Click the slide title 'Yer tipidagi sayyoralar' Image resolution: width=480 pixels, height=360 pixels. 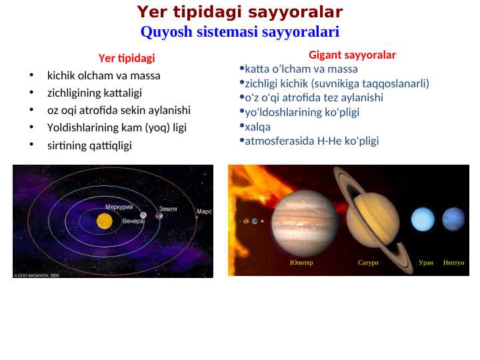[240, 12]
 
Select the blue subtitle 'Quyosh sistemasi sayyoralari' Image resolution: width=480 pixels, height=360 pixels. [240, 31]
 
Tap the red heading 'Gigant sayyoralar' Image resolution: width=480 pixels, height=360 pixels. [352, 55]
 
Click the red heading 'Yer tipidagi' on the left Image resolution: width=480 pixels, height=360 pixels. [127, 58]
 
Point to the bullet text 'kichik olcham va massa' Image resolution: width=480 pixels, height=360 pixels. [103, 75]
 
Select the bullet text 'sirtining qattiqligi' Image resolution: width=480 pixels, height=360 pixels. [89, 145]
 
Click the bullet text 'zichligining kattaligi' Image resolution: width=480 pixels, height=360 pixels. [94, 93]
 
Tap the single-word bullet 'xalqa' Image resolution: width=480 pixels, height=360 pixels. [258, 126]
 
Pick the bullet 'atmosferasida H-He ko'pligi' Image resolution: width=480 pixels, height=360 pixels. [311, 141]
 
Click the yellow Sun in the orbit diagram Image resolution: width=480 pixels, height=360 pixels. [104, 221]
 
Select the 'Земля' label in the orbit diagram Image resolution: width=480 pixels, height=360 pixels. [167, 209]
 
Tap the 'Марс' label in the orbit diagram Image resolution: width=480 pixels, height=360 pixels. [204, 211]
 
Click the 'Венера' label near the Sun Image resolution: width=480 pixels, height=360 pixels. [133, 221]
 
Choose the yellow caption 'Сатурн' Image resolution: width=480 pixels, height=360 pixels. [368, 263]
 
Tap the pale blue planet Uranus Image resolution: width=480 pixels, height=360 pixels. [423, 219]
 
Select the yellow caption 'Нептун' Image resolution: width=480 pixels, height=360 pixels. [453, 263]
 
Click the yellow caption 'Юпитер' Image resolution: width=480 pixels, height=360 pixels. [301, 263]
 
